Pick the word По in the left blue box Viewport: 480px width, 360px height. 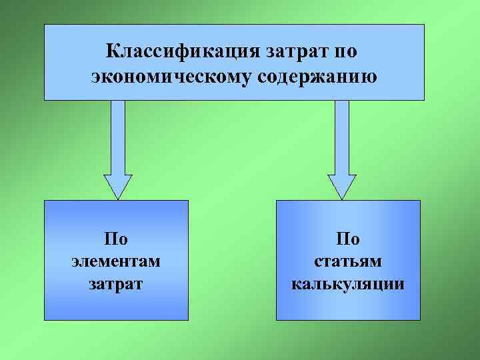tap(116, 238)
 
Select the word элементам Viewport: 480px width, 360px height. tap(116, 261)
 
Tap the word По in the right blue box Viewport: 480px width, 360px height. tap(347, 238)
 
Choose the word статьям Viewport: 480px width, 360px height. tap(347, 261)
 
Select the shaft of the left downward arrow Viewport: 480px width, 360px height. tap(118, 137)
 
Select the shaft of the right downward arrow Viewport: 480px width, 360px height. tap(342, 137)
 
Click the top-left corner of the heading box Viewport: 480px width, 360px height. tap(45, 25)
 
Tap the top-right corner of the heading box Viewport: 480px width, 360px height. tap(424, 25)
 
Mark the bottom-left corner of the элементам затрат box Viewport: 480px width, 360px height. tap(45, 319)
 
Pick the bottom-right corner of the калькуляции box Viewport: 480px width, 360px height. tap(420, 319)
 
